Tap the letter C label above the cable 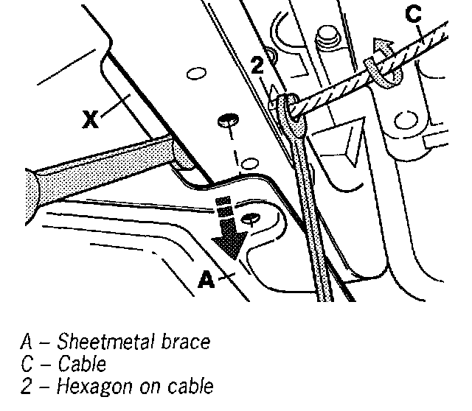tap(414, 15)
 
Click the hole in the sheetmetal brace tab tap(251, 218)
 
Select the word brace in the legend tap(186, 342)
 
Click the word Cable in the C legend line tap(82, 364)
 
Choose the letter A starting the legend tap(27, 342)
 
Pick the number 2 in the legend tap(27, 385)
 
